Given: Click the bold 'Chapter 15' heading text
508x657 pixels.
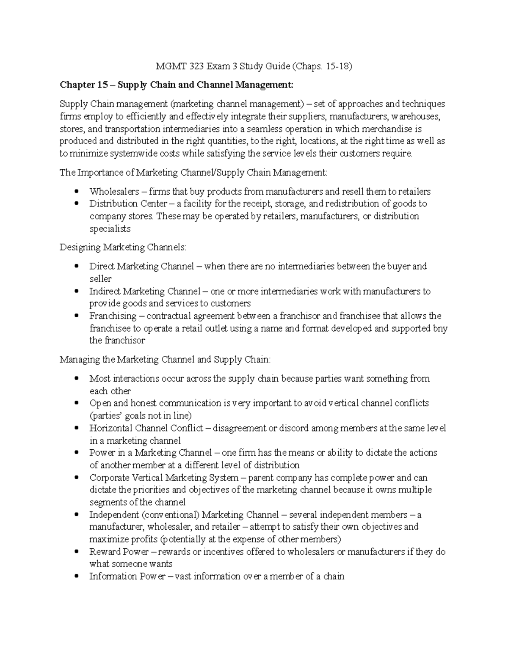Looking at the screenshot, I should pos(84,85).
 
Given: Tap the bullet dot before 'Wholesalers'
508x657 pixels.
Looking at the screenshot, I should pos(76,192).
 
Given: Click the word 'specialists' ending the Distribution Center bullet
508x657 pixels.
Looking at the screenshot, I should pos(110,228).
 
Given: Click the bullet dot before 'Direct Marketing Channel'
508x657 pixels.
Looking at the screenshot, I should pos(76,267).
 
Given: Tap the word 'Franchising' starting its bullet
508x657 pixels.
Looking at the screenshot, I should pos(113,316).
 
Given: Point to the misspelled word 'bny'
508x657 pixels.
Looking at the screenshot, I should pos(440,328).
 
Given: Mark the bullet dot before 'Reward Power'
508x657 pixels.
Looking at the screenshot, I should pos(76,552).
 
